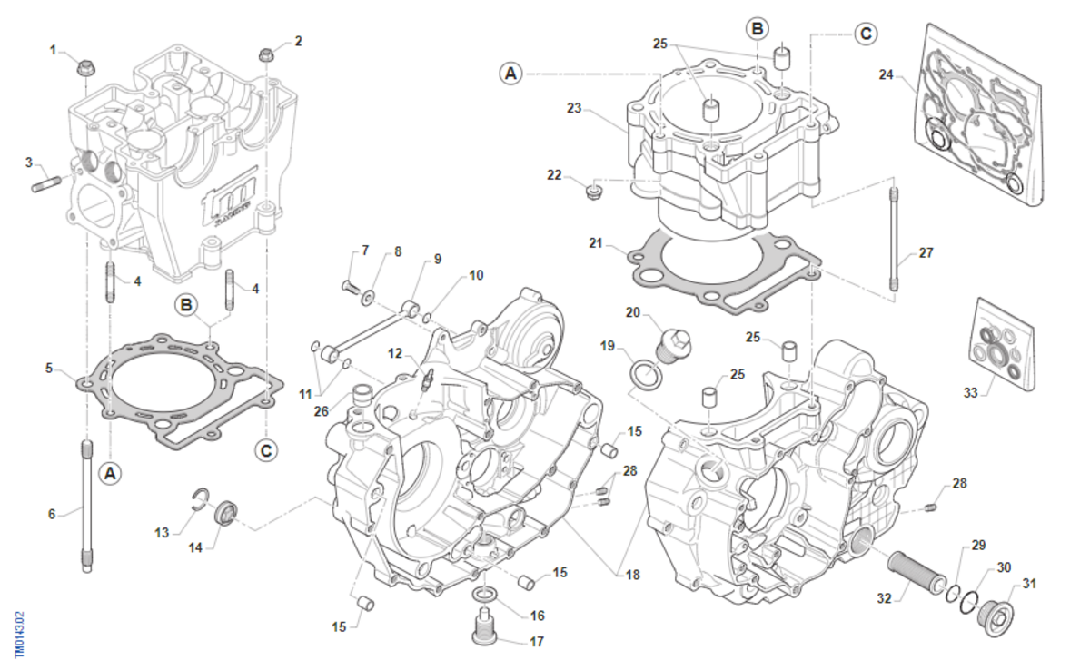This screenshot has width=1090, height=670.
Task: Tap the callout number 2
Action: pyautogui.click(x=298, y=41)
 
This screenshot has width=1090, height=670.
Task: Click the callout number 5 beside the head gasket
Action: pyautogui.click(x=50, y=368)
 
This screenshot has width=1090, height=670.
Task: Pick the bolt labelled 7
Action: pyautogui.click(x=350, y=287)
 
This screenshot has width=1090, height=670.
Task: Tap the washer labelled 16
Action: pyautogui.click(x=485, y=595)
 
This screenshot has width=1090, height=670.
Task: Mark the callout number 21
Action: pyautogui.click(x=595, y=243)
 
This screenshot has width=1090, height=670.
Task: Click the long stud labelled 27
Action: pyautogui.click(x=896, y=238)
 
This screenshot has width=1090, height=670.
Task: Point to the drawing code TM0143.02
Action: pyautogui.click(x=19, y=634)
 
